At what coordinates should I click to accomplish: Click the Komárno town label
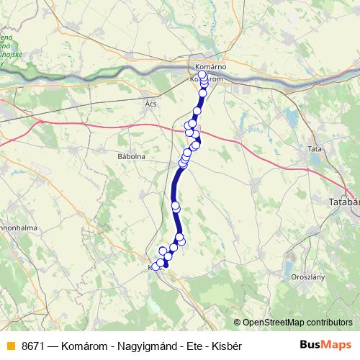tap(210, 67)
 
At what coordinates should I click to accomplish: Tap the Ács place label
tap(150, 104)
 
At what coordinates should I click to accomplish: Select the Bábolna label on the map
tap(131, 155)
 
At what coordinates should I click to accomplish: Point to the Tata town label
tap(315, 149)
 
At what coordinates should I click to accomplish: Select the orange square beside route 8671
tap(9, 346)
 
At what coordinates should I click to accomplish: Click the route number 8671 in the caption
tap(35, 346)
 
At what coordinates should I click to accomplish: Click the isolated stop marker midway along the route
tap(176, 207)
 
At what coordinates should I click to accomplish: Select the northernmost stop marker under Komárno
tap(202, 74)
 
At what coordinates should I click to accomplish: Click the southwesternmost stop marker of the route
tap(155, 268)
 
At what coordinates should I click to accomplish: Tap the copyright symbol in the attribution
tap(238, 322)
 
